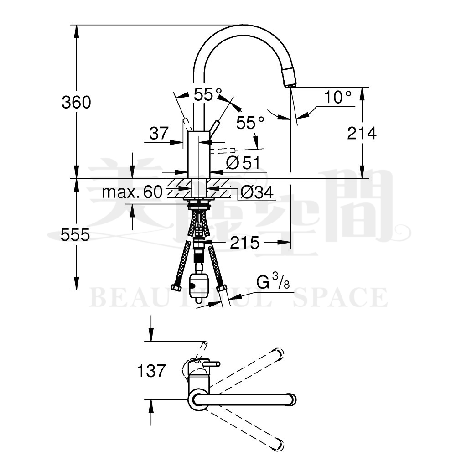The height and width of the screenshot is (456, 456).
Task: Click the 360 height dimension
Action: pyautogui.click(x=76, y=102)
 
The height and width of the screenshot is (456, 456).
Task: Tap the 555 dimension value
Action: pyautogui.click(x=75, y=235)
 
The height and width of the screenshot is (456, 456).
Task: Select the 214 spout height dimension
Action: pyautogui.click(x=362, y=133)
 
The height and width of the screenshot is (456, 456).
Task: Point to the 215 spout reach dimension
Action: pyautogui.click(x=244, y=243)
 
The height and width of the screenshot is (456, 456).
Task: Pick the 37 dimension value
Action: pyautogui.click(x=159, y=133)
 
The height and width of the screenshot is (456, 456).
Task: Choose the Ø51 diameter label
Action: pyautogui.click(x=243, y=162)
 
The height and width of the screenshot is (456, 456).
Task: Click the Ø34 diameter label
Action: pyautogui.click(x=257, y=192)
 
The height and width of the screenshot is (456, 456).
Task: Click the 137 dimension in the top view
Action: pyautogui.click(x=151, y=371)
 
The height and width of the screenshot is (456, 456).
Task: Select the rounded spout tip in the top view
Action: pyautogui.click(x=291, y=399)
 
